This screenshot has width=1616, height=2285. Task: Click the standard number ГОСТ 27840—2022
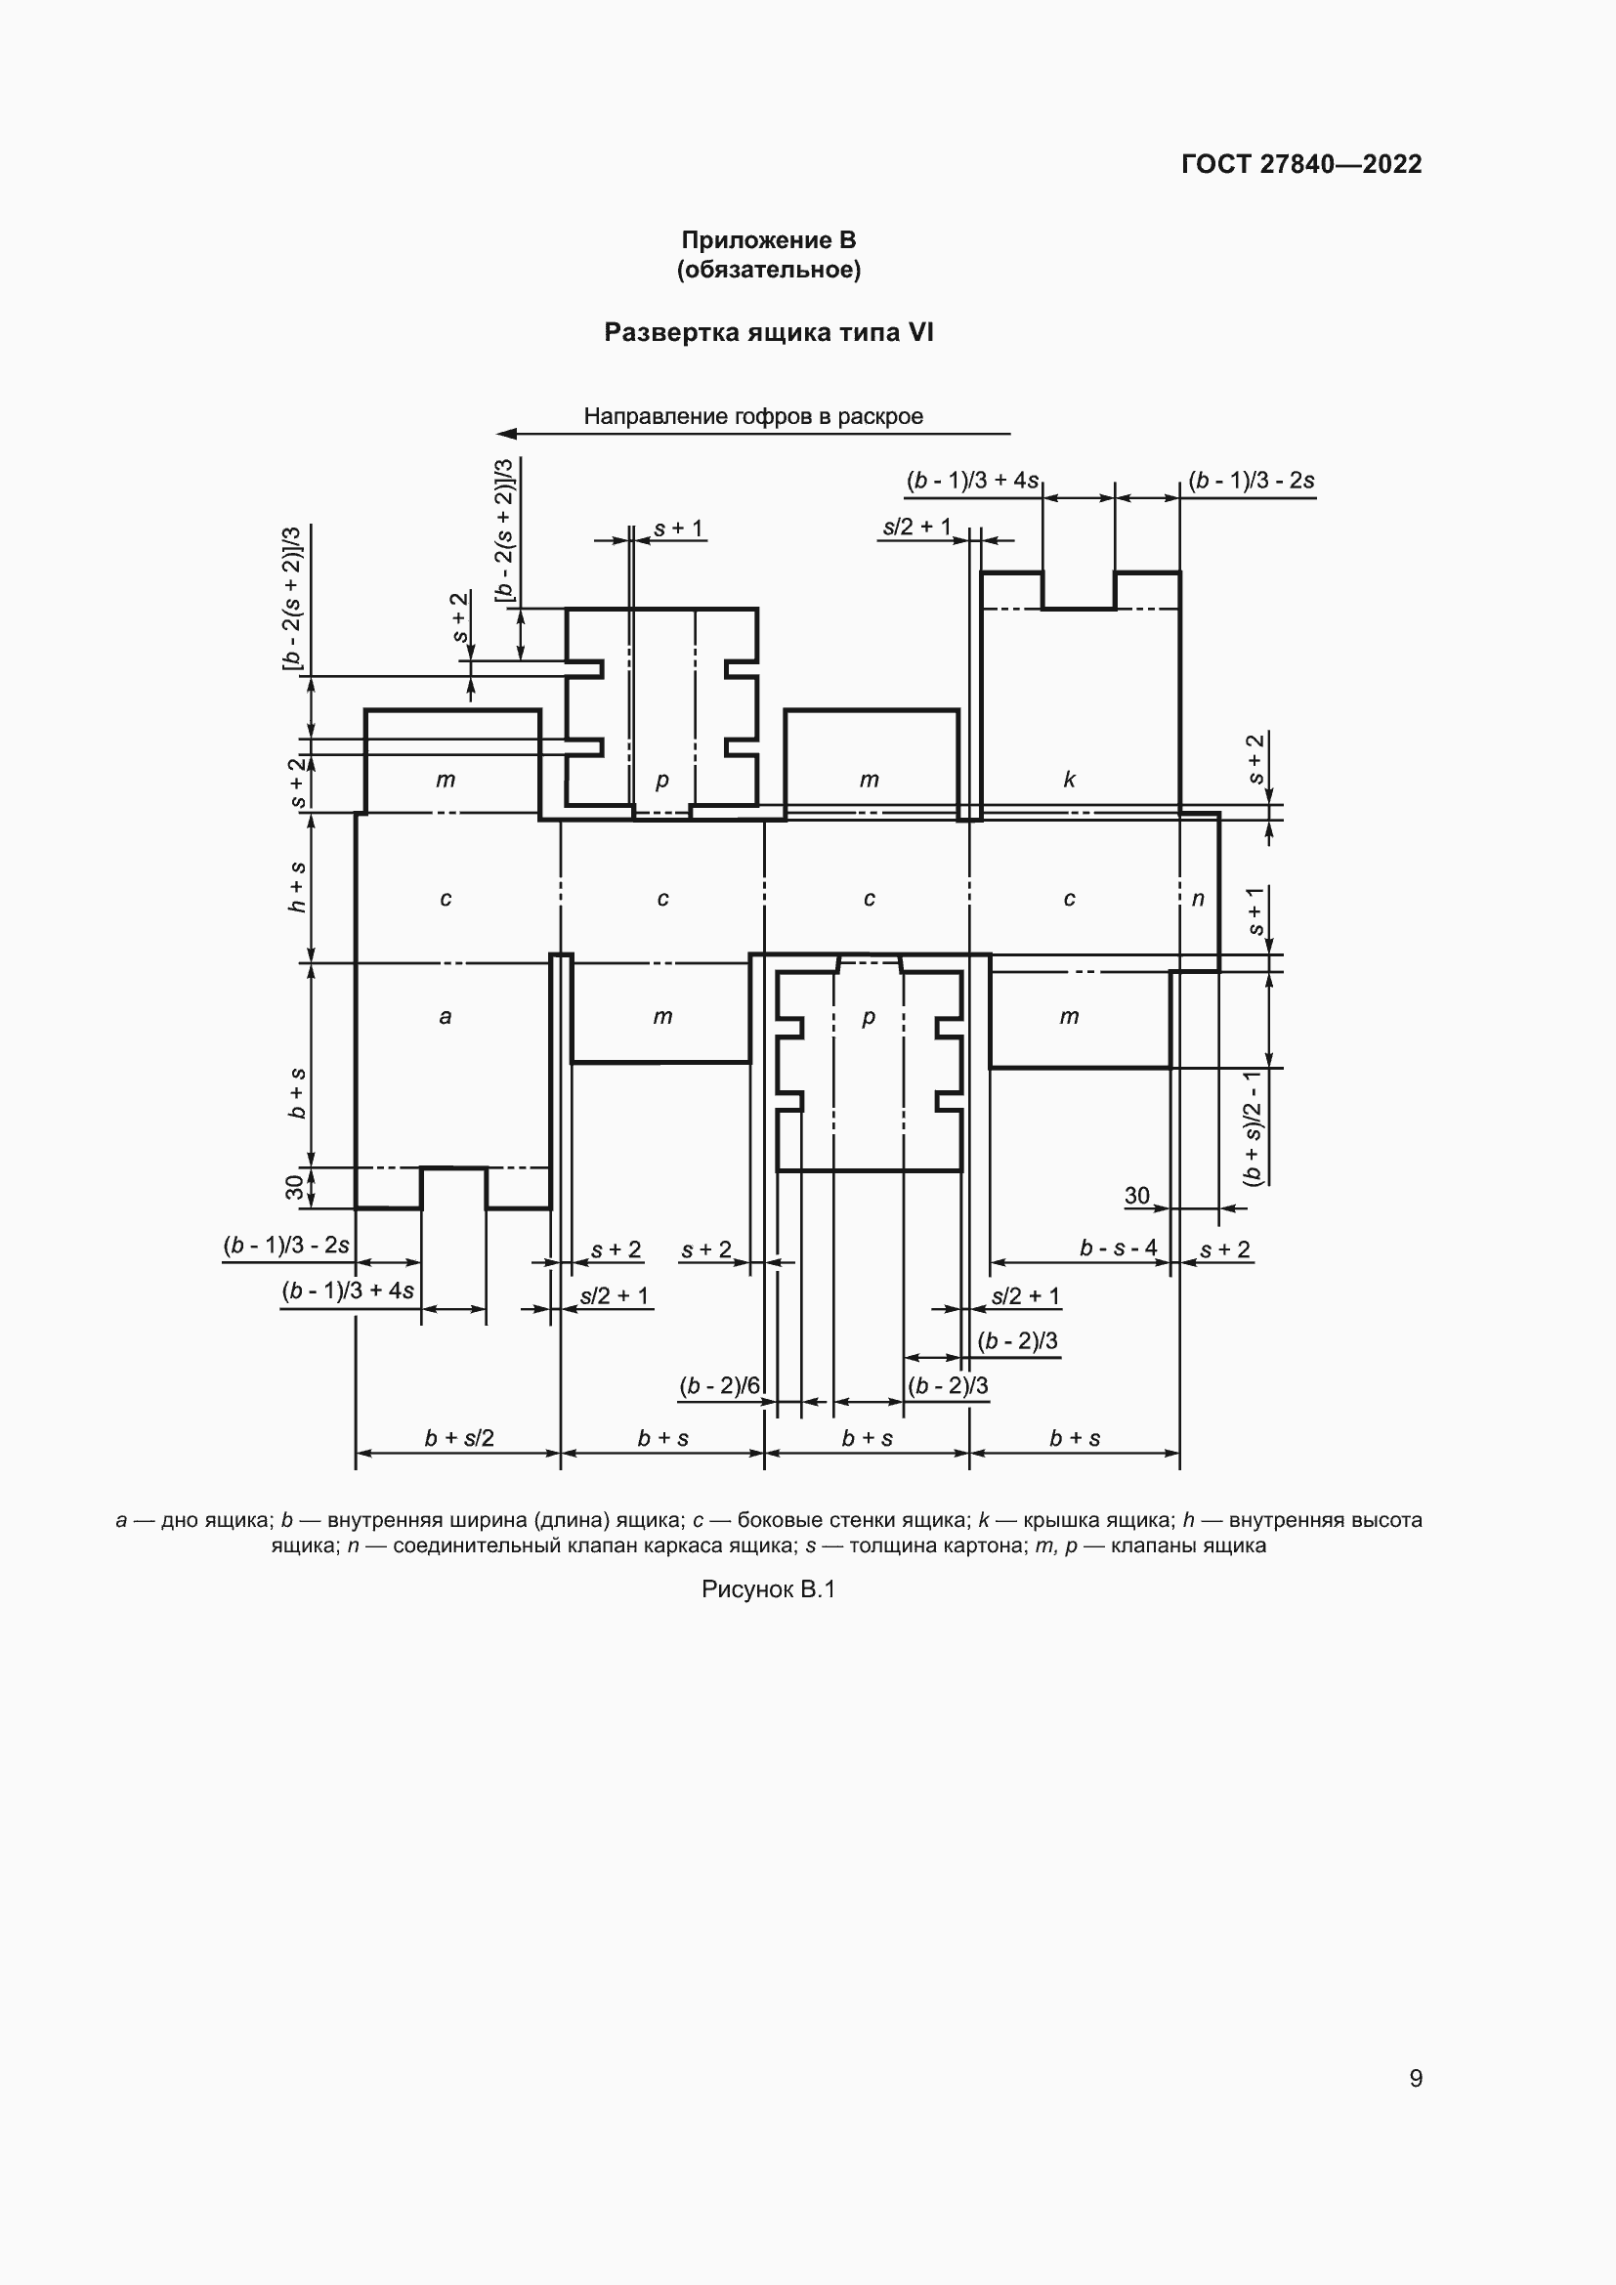tap(1301, 164)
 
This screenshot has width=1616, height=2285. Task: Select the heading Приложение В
tap(768, 240)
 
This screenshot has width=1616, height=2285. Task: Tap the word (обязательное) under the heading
tap(768, 270)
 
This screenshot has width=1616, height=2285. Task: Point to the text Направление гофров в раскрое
tap(753, 416)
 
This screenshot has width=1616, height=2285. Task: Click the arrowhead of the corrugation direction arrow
tap(506, 434)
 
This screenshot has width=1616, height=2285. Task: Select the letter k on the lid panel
tap(1070, 780)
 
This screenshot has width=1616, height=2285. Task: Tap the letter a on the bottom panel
tap(445, 1016)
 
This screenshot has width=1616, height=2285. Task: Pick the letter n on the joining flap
tap(1198, 899)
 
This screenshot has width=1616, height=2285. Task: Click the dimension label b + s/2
tap(459, 1438)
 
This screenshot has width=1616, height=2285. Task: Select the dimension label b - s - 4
tap(1119, 1248)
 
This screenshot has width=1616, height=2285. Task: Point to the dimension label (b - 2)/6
tap(720, 1385)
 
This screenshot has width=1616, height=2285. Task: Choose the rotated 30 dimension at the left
tap(294, 1187)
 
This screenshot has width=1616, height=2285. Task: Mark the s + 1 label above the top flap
tap(679, 528)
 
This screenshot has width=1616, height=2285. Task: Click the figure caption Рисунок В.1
tap(768, 1589)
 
